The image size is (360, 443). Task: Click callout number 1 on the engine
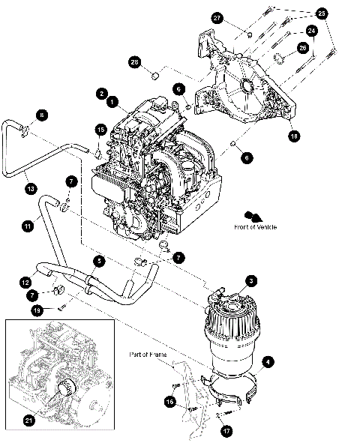(x=111, y=100)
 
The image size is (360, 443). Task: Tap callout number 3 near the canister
(x=252, y=280)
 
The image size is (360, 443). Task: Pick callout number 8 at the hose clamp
(x=42, y=115)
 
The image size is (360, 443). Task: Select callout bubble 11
(x=28, y=223)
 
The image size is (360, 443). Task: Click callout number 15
(x=100, y=130)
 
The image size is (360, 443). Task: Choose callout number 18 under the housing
(x=293, y=136)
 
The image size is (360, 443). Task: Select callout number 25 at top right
(x=322, y=13)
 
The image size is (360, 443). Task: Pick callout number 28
(x=136, y=61)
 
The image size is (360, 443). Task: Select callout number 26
(x=303, y=46)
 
